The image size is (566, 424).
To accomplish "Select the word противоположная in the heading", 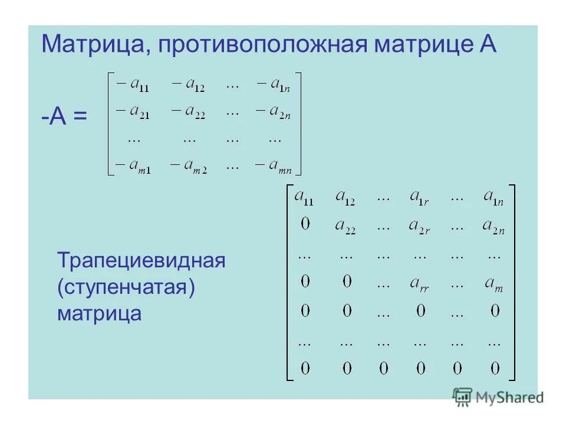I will (261, 45).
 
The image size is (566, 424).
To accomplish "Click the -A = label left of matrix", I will (64, 117).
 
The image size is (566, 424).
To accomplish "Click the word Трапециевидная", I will (141, 260).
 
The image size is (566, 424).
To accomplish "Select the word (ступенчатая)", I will (126, 287).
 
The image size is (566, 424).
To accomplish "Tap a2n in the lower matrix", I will (493, 226).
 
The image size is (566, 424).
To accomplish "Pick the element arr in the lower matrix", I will (419, 283).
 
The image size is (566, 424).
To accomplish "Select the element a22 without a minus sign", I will (345, 226).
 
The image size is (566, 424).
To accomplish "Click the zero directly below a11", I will (304, 224).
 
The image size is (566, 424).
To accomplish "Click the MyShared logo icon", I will (463, 396).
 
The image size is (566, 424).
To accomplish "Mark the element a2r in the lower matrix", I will (419, 226).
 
